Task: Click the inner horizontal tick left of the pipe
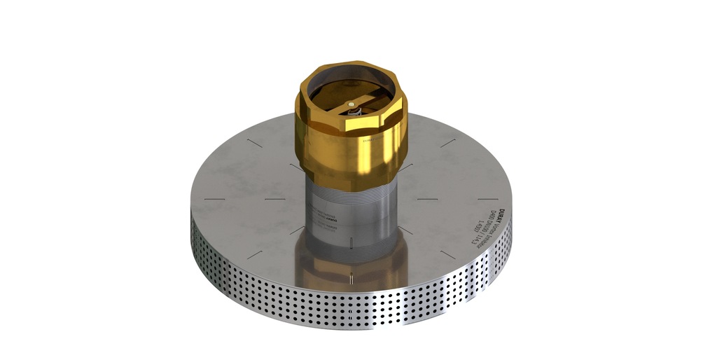pyautogui.click(x=274, y=199)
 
